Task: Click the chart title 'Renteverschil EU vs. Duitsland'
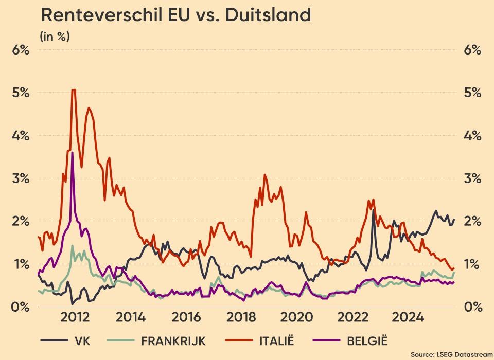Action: tap(176, 15)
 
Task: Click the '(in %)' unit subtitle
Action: tap(55, 37)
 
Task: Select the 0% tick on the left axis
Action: tap(20, 307)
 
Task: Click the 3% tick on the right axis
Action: tap(471, 178)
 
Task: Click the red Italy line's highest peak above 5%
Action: tap(74, 90)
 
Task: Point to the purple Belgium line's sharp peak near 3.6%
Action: tap(73, 153)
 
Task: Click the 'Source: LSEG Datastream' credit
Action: tap(451, 354)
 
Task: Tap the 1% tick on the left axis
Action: tap(20, 264)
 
